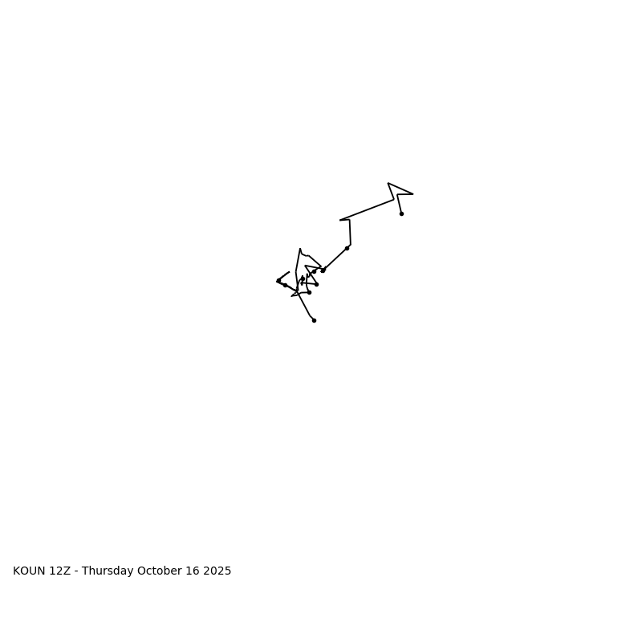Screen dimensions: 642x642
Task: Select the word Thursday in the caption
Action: point(108,571)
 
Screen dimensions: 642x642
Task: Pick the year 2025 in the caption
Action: point(217,571)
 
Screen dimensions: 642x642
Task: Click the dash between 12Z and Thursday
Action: point(77,571)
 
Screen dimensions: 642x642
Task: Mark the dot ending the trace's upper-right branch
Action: point(401,213)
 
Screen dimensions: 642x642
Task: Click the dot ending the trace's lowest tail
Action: point(314,320)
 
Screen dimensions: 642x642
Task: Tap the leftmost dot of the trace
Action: point(278,280)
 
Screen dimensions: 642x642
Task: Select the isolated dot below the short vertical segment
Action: point(347,248)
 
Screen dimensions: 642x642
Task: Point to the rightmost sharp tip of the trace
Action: point(412,193)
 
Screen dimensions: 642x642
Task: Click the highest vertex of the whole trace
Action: point(388,183)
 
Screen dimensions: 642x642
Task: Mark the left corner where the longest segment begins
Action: point(340,220)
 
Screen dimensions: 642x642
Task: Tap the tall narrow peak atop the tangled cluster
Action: point(300,249)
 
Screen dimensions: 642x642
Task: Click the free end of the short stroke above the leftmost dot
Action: point(289,272)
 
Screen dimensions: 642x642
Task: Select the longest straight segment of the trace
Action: point(368,209)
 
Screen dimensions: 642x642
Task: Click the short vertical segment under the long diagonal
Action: point(350,232)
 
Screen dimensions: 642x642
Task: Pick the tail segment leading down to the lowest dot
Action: point(305,306)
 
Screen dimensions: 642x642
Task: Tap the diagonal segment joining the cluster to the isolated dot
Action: point(335,258)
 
